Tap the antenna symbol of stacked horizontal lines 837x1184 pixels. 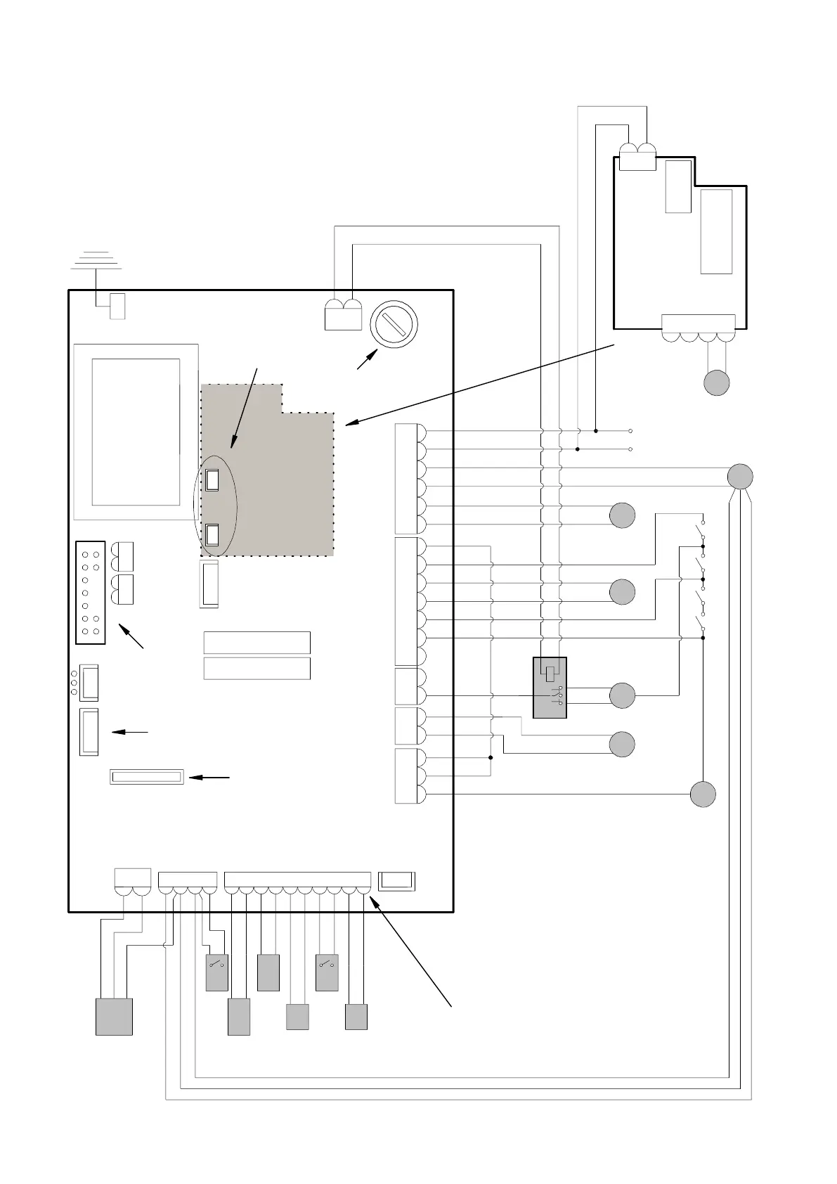(x=97, y=260)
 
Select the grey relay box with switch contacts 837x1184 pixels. (x=550, y=688)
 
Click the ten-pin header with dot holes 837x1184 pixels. (x=90, y=592)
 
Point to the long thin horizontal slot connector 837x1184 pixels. (x=147, y=777)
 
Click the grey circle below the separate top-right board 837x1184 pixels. (x=717, y=382)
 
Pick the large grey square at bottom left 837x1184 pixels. (x=114, y=1017)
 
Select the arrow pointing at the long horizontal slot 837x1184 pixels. (x=209, y=778)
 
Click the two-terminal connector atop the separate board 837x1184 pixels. (x=637, y=157)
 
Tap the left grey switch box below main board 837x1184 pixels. (x=216, y=972)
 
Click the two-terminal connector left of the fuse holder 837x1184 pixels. (x=343, y=314)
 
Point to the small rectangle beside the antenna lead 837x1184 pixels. (x=117, y=307)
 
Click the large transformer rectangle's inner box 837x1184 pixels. (x=136, y=431)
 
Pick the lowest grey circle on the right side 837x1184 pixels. (x=703, y=794)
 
